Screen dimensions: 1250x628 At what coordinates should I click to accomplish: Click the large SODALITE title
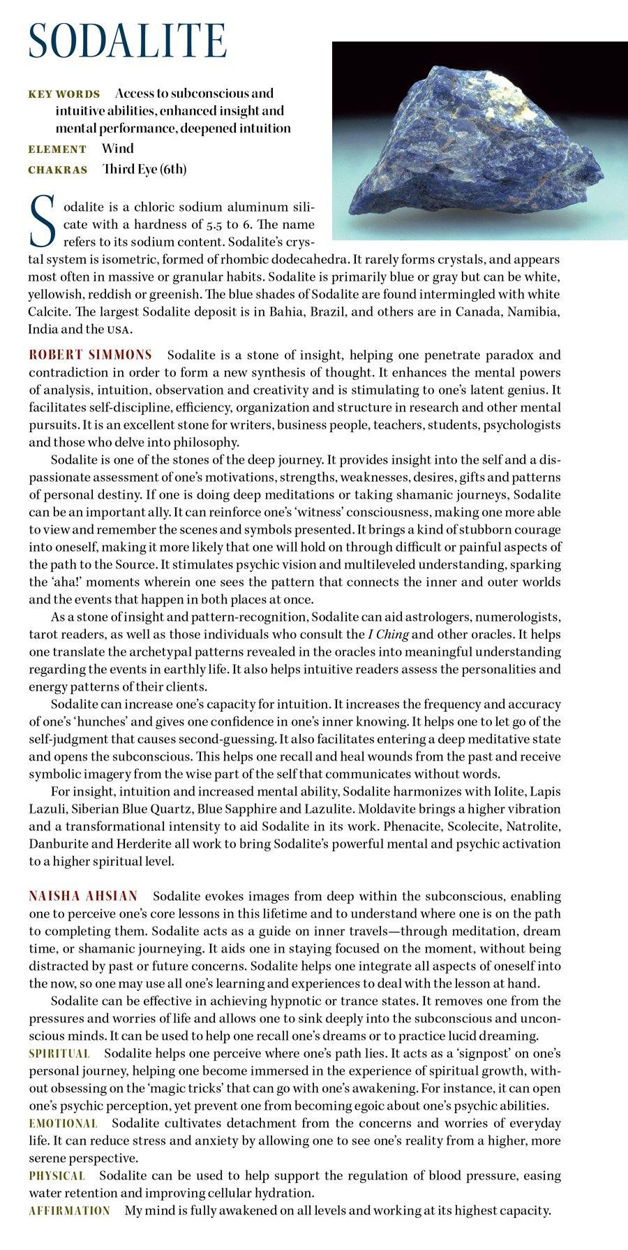[128, 41]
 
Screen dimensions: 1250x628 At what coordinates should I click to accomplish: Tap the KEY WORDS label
[64, 94]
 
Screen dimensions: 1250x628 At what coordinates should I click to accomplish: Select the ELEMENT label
[57, 149]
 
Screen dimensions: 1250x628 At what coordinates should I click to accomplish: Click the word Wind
[117, 149]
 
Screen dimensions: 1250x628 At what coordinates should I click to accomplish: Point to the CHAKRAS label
[58, 170]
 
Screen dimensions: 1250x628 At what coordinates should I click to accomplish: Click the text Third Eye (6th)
[144, 169]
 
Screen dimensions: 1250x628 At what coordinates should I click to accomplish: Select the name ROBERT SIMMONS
[90, 355]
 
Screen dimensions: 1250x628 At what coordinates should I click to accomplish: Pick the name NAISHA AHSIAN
[83, 896]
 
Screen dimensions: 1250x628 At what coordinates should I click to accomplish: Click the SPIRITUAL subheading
[59, 1054]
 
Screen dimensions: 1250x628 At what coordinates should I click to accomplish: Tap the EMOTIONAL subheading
[63, 1124]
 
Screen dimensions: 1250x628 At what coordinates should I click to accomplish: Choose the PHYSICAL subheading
[57, 1176]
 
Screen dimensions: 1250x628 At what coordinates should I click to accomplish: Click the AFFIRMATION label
[69, 1211]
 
